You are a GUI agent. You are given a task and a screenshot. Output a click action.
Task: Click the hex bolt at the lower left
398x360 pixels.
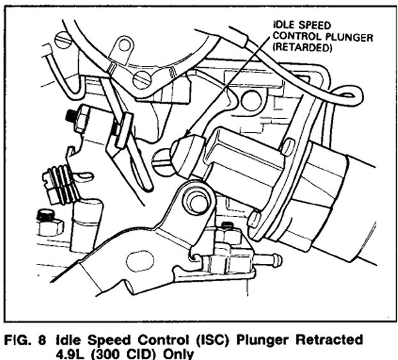point(46,220)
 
